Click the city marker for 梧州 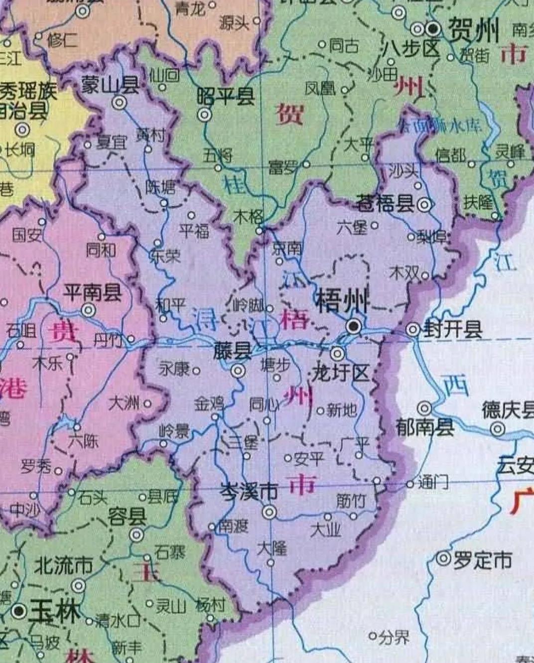[x=354, y=326]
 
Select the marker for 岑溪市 [x=269, y=512]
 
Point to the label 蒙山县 [x=110, y=85]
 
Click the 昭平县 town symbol [x=204, y=115]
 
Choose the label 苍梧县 [x=385, y=204]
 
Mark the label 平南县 [x=92, y=292]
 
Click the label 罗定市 [x=482, y=560]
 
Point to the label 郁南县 [x=424, y=427]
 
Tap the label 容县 [x=128, y=516]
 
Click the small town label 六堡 [x=352, y=227]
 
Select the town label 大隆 [x=272, y=548]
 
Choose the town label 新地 [x=342, y=410]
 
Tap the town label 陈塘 [x=160, y=187]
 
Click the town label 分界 [x=394, y=637]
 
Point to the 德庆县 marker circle [x=497, y=428]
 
